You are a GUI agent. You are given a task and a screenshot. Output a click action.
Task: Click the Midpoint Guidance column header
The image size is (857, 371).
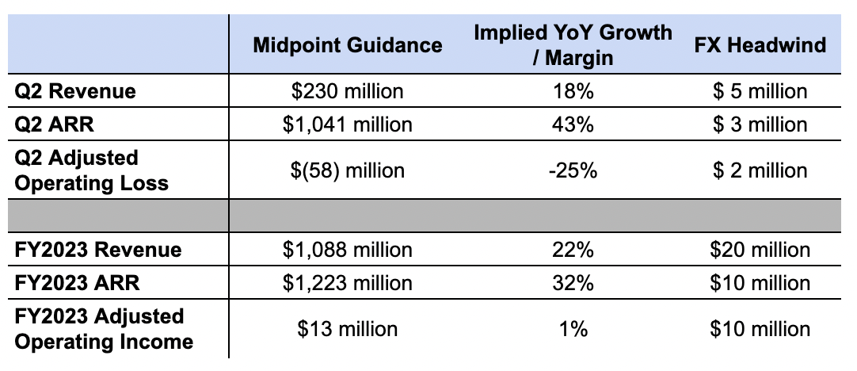(348, 45)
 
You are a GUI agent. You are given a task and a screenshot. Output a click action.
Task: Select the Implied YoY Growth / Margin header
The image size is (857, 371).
(573, 45)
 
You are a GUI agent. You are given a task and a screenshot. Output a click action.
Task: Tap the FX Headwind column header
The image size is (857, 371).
(760, 45)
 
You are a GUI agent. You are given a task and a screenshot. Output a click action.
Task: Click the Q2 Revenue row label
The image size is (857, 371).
(75, 91)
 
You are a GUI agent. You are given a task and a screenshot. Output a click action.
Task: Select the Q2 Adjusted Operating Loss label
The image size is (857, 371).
(92, 170)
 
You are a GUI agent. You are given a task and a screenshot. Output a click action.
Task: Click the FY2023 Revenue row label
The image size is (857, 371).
(98, 251)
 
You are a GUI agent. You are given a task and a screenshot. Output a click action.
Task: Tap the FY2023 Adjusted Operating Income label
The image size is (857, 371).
(104, 328)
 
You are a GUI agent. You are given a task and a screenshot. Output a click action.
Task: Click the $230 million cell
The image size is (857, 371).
(348, 91)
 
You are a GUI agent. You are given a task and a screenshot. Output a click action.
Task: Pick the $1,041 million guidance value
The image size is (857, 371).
(348, 124)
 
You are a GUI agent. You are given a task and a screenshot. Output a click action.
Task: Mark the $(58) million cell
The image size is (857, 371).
(348, 170)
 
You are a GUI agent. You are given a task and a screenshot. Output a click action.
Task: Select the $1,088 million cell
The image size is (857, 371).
(348, 251)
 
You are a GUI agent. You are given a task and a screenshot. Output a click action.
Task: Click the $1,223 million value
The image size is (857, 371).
(348, 283)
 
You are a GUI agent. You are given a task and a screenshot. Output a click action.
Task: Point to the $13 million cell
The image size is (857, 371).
(348, 328)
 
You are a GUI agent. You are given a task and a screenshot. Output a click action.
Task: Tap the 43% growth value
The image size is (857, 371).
(573, 124)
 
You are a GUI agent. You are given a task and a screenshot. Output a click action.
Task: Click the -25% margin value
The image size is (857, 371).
(573, 170)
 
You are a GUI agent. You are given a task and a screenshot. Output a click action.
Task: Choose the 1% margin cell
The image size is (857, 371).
(573, 328)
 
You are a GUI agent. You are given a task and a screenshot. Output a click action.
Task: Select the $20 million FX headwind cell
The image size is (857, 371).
(760, 251)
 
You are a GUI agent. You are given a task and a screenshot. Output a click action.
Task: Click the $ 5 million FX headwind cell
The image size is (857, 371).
(760, 91)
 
